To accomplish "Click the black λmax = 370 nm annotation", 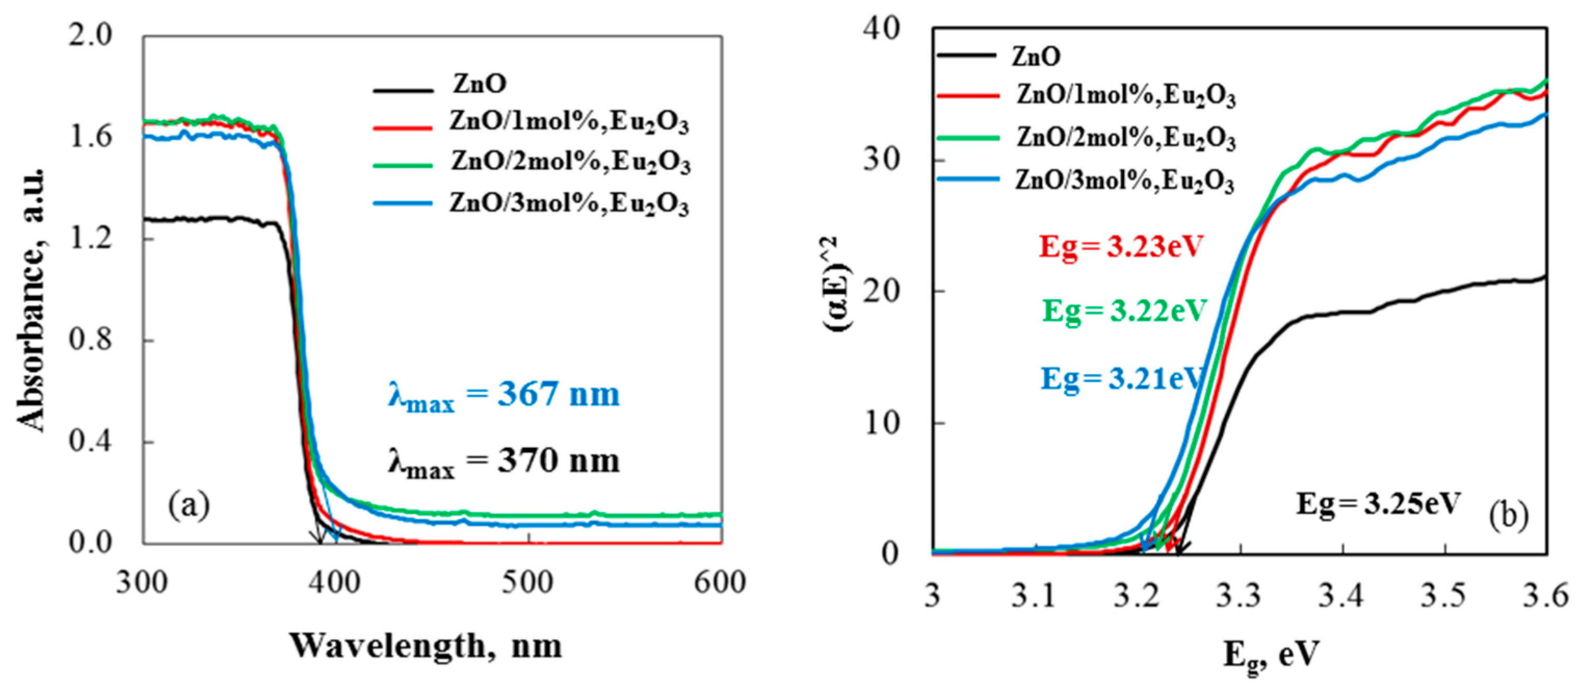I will click(x=503, y=461).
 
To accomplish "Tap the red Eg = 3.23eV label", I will click(x=1121, y=247).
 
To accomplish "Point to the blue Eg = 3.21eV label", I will click(x=1121, y=379).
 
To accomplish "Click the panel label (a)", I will click(x=189, y=505).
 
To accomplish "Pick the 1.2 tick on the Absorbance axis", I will click(x=90, y=238).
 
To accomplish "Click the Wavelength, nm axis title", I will click(x=426, y=646).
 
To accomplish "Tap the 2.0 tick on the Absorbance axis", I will click(x=90, y=35).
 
